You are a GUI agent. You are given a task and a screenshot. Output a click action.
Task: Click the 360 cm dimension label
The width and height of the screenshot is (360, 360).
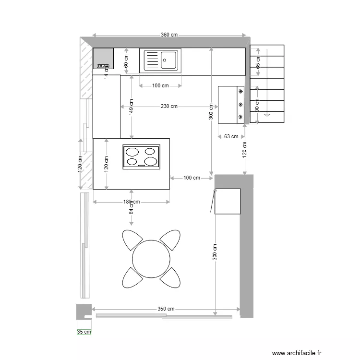click(x=169, y=35)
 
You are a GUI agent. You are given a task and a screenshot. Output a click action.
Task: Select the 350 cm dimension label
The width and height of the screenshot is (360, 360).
click(x=166, y=309)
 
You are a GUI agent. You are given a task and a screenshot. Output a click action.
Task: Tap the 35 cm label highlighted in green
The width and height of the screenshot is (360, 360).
click(x=84, y=332)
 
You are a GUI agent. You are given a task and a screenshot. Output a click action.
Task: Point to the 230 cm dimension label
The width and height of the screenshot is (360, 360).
click(x=169, y=107)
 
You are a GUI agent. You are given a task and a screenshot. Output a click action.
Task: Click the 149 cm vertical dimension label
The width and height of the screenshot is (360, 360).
click(x=131, y=107)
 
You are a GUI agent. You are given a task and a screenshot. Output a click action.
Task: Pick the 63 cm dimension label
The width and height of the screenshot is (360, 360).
click(x=231, y=136)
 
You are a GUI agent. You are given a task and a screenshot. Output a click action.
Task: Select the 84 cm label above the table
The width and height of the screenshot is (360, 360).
click(x=131, y=209)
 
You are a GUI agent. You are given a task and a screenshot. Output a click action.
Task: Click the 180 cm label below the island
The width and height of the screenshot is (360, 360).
click(x=131, y=202)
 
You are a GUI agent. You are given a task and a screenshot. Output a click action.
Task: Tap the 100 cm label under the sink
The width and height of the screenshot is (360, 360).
click(x=160, y=86)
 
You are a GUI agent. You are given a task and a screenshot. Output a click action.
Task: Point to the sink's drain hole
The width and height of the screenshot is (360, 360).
click(x=165, y=60)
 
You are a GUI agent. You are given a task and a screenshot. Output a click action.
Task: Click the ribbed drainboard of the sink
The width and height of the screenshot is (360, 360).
click(x=151, y=60)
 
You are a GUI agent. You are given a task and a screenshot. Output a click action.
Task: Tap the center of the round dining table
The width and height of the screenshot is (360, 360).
click(x=151, y=258)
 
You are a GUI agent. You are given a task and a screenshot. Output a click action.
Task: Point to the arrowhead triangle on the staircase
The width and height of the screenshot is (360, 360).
click(x=267, y=115)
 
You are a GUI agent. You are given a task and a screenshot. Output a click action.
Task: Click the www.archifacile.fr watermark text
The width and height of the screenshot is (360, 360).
click(x=296, y=353)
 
